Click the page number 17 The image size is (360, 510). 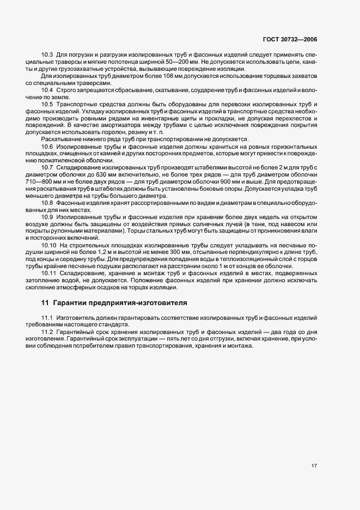pos(314,465)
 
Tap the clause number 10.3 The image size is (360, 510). pos(47,56)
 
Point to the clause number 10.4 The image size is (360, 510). pos(47,89)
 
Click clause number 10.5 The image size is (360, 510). pos(47,104)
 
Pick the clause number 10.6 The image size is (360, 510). pos(47,147)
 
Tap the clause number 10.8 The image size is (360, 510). pos(47,203)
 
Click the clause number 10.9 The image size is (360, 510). pos(47,217)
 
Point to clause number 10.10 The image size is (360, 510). pos(48,245)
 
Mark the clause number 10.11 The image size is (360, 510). pos(48,273)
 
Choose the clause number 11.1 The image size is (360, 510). pos(47,318)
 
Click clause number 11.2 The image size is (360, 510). pos(47,332)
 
